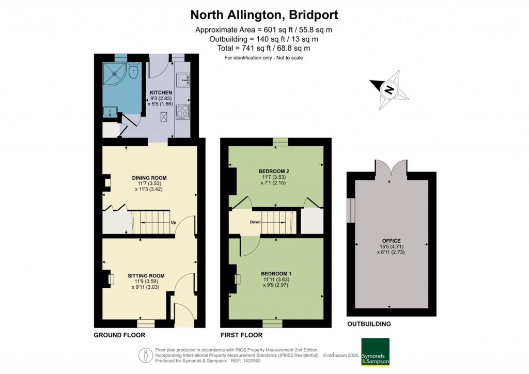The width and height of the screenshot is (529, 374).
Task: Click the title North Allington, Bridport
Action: click(264, 14)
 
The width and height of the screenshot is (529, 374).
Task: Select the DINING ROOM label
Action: click(149, 177)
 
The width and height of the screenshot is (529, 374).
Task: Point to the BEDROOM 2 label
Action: click(273, 171)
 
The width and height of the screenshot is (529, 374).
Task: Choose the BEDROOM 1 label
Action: click(276, 273)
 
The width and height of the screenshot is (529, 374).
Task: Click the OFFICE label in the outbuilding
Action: click(391, 240)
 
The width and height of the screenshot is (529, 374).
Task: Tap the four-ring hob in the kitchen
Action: click(183, 111)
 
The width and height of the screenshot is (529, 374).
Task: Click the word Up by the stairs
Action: click(174, 223)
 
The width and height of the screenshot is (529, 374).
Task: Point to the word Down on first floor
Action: click(255, 222)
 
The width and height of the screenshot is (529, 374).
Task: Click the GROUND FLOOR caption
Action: click(119, 335)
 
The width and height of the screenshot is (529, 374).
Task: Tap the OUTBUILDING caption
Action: click(369, 324)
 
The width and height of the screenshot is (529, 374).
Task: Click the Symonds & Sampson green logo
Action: click(375, 352)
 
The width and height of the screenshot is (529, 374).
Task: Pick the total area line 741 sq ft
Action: click(264, 48)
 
